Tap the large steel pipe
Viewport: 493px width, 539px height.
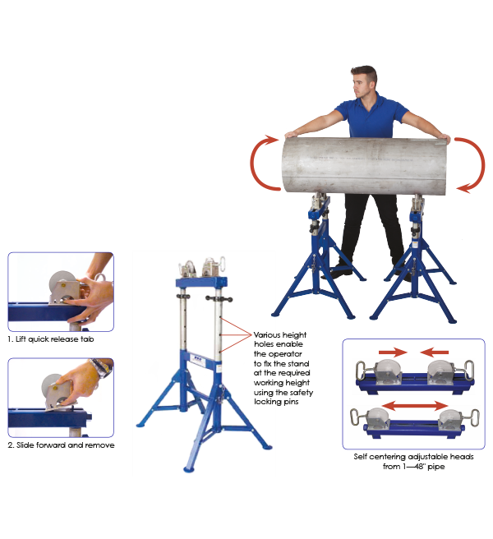tap(366, 166)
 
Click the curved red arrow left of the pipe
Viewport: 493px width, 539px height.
tap(262, 164)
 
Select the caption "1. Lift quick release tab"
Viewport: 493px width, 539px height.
tap(51, 339)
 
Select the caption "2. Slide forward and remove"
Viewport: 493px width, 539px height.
tap(61, 445)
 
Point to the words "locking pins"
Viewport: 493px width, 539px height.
tap(276, 402)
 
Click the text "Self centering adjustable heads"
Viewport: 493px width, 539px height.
tap(413, 457)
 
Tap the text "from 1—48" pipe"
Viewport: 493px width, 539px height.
tap(413, 467)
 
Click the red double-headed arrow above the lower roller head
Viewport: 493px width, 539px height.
tap(415, 406)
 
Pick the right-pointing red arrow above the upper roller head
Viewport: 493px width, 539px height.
tap(393, 352)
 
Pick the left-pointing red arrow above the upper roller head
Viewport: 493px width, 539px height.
tap(434, 352)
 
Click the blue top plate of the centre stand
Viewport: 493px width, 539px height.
tap(201, 282)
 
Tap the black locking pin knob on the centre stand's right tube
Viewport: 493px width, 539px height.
tap(219, 298)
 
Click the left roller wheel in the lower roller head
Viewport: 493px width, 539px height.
tap(377, 416)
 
